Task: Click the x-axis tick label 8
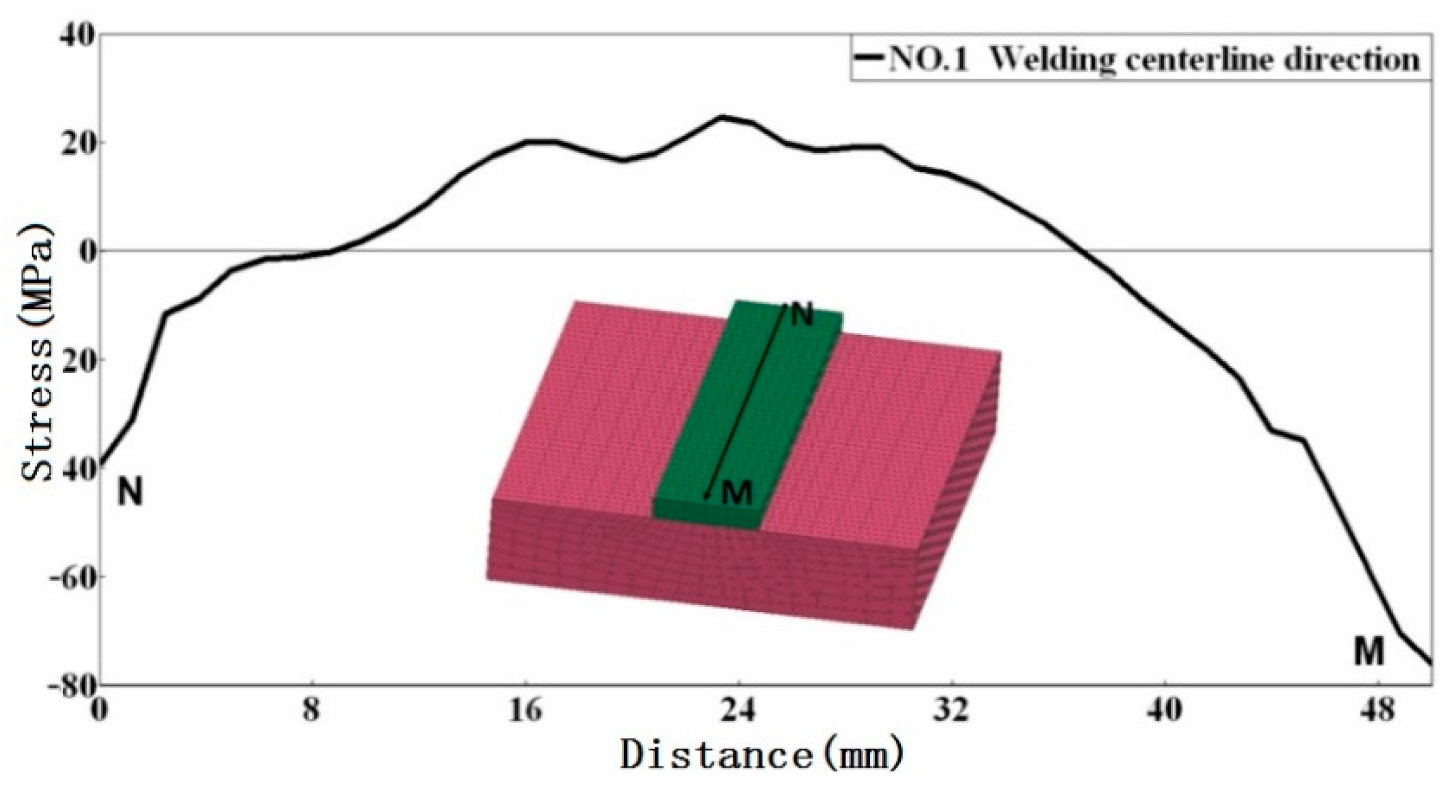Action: (311, 711)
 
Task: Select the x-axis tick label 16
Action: (525, 711)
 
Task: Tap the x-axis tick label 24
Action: (739, 711)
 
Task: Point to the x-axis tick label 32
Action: (952, 711)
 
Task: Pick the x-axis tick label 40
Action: (1165, 711)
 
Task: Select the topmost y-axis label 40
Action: (76, 36)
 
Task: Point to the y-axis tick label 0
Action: (88, 252)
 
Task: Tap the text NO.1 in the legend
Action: (928, 60)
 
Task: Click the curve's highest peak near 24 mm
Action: (722, 117)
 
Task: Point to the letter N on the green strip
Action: (803, 315)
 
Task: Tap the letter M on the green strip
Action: (737, 492)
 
